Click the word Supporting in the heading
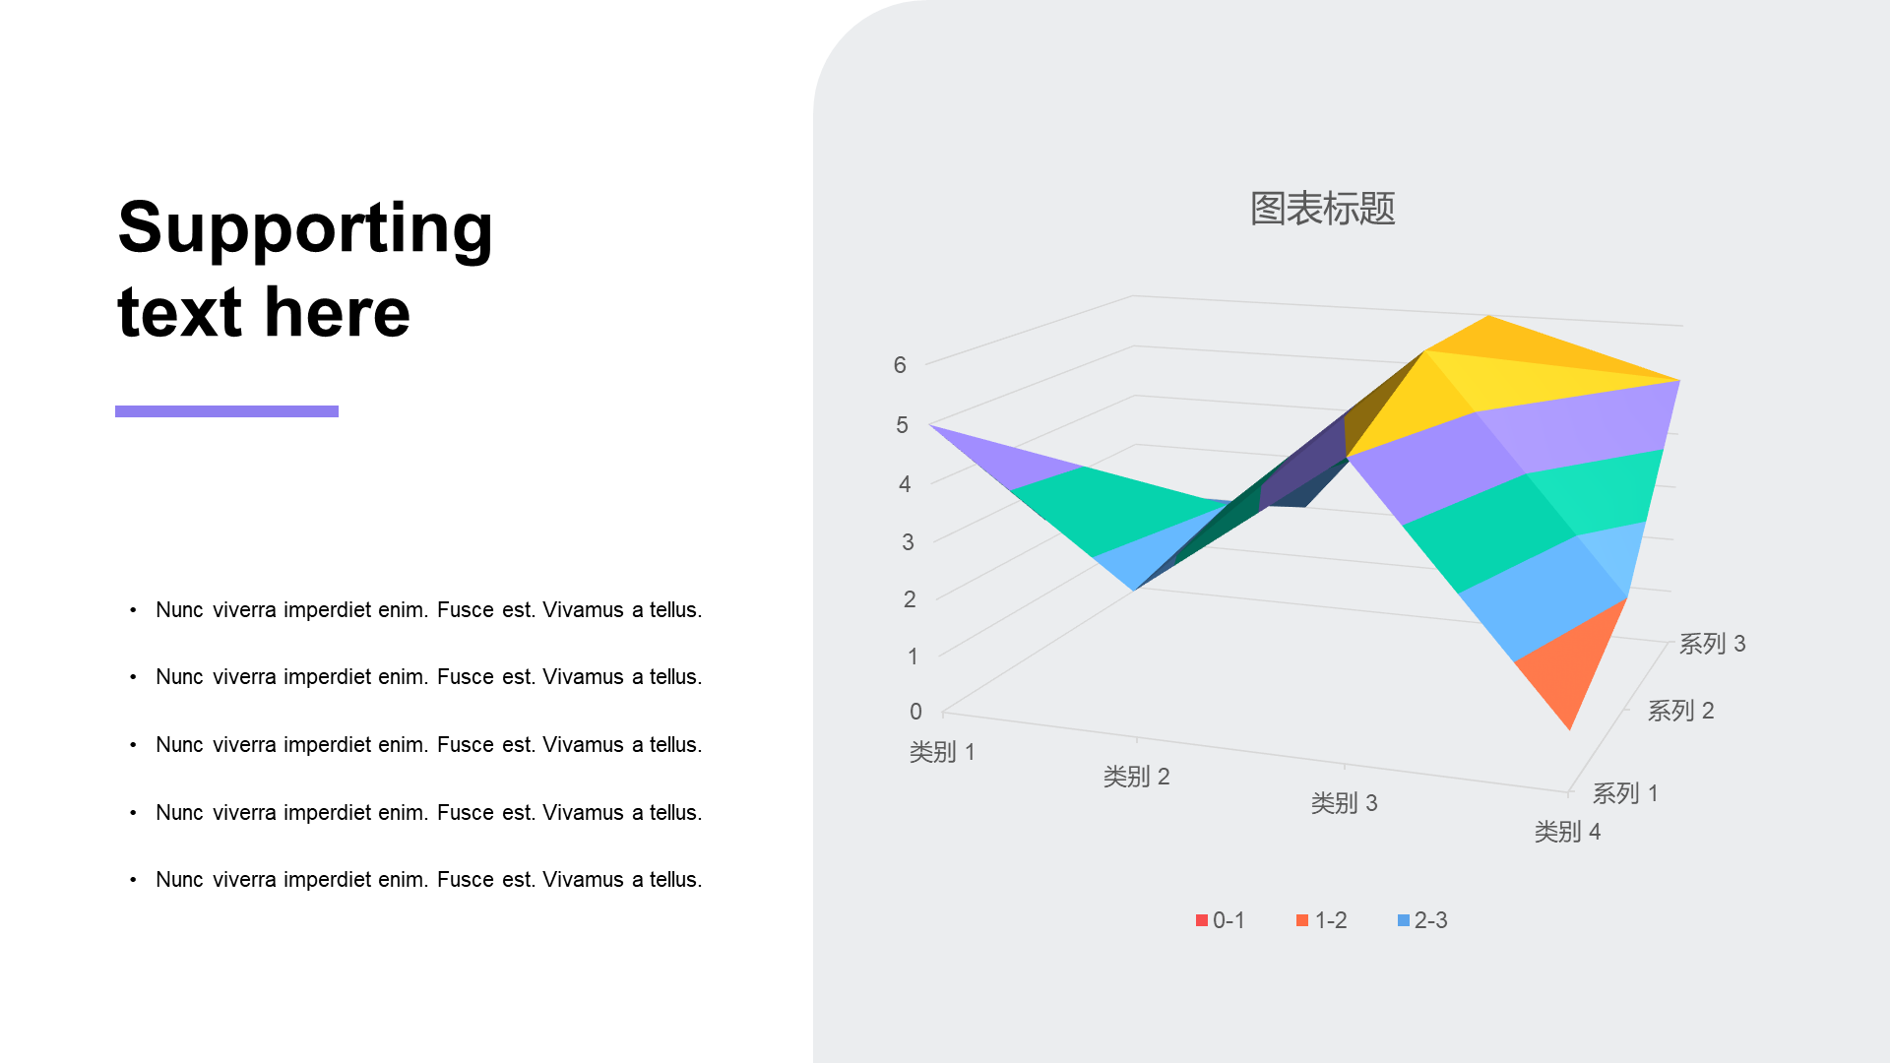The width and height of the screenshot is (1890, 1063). point(305,228)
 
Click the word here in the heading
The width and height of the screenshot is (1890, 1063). point(337,312)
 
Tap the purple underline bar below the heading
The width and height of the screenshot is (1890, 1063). point(226,411)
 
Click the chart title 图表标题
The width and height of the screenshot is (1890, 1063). point(1322,209)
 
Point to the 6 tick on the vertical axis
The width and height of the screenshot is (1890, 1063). point(900,365)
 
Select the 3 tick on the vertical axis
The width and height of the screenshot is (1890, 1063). point(908,542)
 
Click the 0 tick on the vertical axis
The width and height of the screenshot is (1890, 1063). point(915,712)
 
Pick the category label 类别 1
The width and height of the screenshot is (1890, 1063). point(942,752)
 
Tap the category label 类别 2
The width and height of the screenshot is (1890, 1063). point(1136,777)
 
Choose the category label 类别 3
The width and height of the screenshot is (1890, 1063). point(1344,803)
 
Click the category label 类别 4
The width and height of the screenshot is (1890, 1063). point(1567,832)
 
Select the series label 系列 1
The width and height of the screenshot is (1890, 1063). point(1625,792)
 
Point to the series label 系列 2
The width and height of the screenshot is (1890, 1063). point(1680,710)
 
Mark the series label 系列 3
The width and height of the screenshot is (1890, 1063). point(1712,643)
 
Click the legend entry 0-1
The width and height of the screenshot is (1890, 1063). point(1221,920)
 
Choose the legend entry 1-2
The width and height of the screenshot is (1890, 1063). point(1322,920)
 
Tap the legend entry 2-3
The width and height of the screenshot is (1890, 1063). point(1422,920)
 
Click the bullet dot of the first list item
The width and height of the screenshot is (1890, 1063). point(133,610)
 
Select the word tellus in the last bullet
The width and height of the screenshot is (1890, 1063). point(675,880)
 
